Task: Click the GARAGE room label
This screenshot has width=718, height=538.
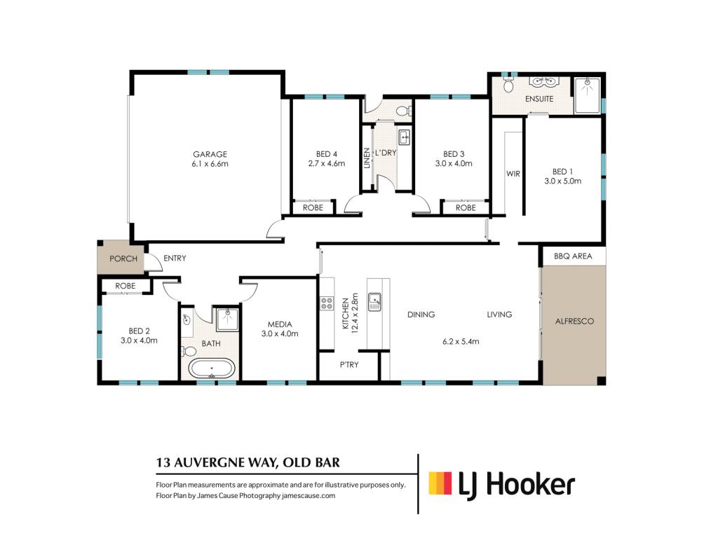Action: click(x=210, y=154)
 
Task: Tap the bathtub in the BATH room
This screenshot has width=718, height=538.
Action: click(x=212, y=368)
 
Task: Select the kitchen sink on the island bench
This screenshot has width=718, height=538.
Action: click(x=374, y=302)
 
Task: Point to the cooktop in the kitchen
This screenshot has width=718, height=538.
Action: click(x=327, y=304)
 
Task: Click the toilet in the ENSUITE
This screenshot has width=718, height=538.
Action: click(x=508, y=85)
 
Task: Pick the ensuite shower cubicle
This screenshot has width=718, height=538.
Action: click(x=587, y=95)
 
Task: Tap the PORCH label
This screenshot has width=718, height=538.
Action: click(x=123, y=258)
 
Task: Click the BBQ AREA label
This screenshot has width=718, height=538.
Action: click(x=573, y=256)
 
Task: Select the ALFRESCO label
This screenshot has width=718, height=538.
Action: click(x=574, y=321)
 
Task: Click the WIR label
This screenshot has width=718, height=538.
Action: click(x=513, y=174)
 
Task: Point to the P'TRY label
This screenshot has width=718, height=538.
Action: click(x=349, y=364)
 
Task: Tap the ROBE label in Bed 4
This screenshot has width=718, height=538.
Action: click(x=313, y=207)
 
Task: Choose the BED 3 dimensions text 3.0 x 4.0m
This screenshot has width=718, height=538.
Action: click(x=454, y=163)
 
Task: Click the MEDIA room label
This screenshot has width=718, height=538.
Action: click(x=279, y=324)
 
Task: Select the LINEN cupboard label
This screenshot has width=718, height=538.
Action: click(x=366, y=158)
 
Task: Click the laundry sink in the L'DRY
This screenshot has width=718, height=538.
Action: click(x=404, y=137)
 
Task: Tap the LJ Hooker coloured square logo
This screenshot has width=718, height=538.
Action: click(x=440, y=483)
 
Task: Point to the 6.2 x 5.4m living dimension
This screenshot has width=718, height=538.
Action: click(x=461, y=341)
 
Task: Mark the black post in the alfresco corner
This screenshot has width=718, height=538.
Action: click(x=601, y=380)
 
